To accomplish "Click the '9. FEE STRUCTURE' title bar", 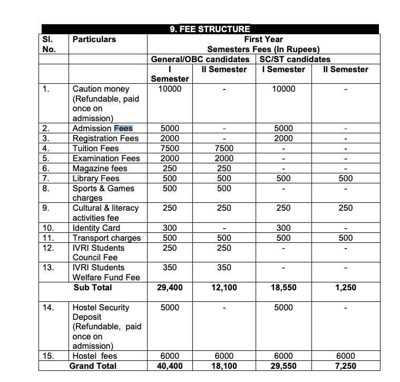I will pos(210,30).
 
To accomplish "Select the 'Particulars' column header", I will pos(94,40).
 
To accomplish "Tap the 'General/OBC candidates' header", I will pos(200,60).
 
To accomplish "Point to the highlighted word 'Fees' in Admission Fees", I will pos(123,128).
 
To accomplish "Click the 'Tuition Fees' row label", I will pos(95,148).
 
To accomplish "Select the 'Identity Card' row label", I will pos(96,228).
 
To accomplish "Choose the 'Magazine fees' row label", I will pos(100,168).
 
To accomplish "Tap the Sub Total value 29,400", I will pos(170,288).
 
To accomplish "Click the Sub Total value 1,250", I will pos(345,288).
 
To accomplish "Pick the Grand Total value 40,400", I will pos(170,366).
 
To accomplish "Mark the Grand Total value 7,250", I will pos(345,366).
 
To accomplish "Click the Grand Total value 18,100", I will pos(224,366).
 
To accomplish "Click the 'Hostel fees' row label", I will pos(94,356).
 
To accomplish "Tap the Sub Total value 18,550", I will pos(284,288).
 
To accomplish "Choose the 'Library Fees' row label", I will pos(95,178).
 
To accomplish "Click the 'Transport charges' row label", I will pos(106,238).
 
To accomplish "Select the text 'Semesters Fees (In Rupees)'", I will pos(263,50).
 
